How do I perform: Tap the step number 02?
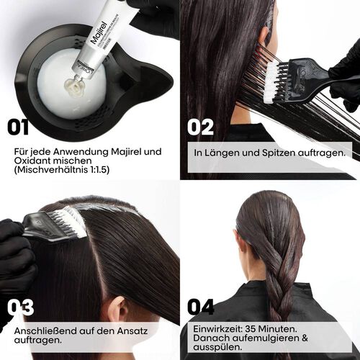[x=201, y=127]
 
